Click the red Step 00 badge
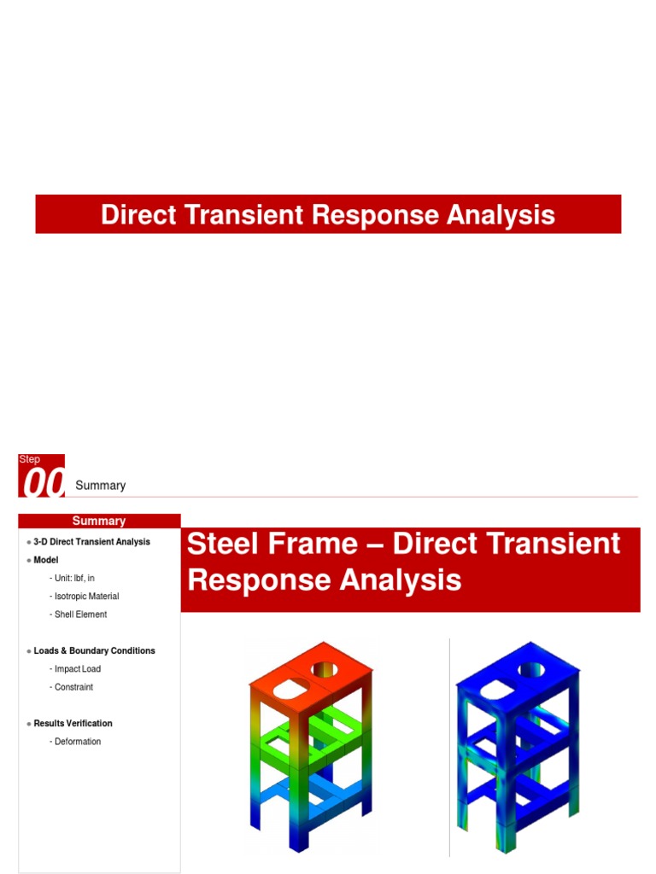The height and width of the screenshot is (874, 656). pos(41,476)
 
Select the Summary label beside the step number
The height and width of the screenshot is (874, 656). pos(100,486)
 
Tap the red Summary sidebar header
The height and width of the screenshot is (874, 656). pos(99,521)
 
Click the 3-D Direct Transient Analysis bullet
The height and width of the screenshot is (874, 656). pos(91,542)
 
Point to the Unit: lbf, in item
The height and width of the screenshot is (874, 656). pos(74,578)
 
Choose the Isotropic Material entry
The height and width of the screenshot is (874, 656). pos(86,597)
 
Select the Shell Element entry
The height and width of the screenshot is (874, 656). pos(80,615)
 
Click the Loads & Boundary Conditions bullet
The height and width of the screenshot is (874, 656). pos(94,650)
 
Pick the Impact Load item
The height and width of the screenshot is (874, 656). pos(77,669)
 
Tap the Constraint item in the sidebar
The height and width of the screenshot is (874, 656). pos(73,687)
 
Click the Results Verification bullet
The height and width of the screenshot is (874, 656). pos(73,723)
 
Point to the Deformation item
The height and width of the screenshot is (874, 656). pos(78,742)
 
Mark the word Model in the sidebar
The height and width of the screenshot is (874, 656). pos(46,560)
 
